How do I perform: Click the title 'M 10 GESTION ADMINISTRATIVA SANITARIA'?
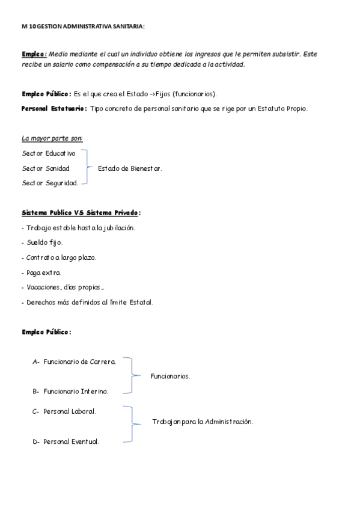[x=83, y=26]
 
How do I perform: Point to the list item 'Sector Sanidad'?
[x=46, y=168]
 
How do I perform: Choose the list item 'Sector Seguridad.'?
[x=50, y=183]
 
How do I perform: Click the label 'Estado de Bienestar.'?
[x=129, y=168]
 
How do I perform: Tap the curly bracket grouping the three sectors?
[x=87, y=168]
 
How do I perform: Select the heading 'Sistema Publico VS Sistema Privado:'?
[x=81, y=212]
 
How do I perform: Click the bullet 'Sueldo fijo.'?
[x=44, y=242]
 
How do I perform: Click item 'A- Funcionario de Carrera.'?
[x=75, y=361]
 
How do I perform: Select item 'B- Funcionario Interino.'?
[x=71, y=392]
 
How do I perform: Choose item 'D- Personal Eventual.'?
[x=66, y=441]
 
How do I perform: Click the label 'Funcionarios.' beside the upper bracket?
[x=170, y=376]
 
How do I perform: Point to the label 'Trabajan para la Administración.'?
[x=203, y=422]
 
